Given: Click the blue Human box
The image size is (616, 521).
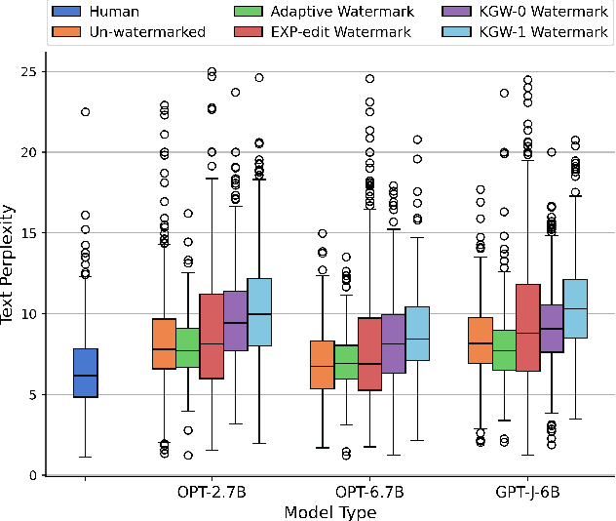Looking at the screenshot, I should [x=85, y=373].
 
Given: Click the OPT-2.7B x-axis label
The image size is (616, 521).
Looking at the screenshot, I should [x=212, y=493].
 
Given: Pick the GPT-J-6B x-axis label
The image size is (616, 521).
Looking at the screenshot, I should [x=527, y=493].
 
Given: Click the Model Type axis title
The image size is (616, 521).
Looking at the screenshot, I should [x=329, y=511].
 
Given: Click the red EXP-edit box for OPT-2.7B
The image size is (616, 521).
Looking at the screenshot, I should [x=212, y=337].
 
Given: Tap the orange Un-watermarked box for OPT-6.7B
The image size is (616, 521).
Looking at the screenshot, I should [x=323, y=364].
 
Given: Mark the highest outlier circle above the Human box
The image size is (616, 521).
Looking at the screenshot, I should [x=85, y=112].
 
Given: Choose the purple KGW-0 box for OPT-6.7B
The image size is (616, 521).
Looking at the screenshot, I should [x=394, y=343].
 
